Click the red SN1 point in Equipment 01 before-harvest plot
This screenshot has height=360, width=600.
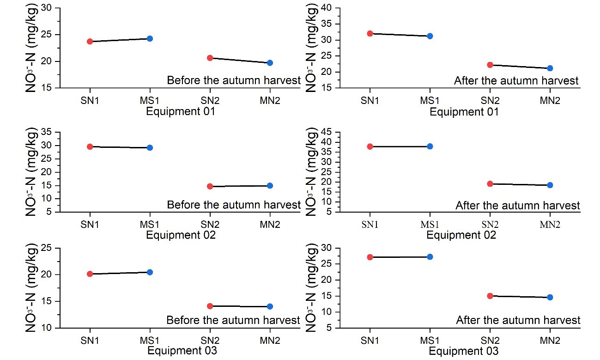pyautogui.click(x=90, y=41)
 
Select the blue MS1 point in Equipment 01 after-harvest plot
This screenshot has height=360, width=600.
pyautogui.click(x=430, y=36)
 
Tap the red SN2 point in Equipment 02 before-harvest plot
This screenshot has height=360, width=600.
pyautogui.click(x=210, y=186)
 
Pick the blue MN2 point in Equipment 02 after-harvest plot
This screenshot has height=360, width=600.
pyautogui.click(x=550, y=185)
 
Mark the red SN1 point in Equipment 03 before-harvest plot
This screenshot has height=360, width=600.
pyautogui.click(x=90, y=274)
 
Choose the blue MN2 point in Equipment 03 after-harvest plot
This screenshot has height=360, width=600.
pyautogui.click(x=550, y=297)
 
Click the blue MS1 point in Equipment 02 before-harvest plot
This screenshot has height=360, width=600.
pyautogui.click(x=150, y=147)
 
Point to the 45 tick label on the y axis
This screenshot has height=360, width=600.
pyautogui.click(x=327, y=132)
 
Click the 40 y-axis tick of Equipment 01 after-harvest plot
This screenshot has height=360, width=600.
pyautogui.click(x=327, y=8)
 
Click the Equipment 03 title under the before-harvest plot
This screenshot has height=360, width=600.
pyautogui.click(x=181, y=351)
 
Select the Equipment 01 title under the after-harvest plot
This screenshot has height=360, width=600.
pyautogui.click(x=464, y=112)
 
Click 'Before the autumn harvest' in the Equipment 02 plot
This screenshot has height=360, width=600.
pyautogui.click(x=233, y=205)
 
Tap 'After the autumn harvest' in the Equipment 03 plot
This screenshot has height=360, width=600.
pyautogui.click(x=518, y=320)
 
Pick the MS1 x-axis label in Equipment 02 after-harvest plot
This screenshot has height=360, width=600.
pyautogui.click(x=430, y=225)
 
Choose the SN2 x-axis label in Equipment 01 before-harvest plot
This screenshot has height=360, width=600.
pyautogui.click(x=210, y=100)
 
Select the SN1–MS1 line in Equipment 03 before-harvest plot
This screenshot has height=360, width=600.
pyautogui.click(x=120, y=273)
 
